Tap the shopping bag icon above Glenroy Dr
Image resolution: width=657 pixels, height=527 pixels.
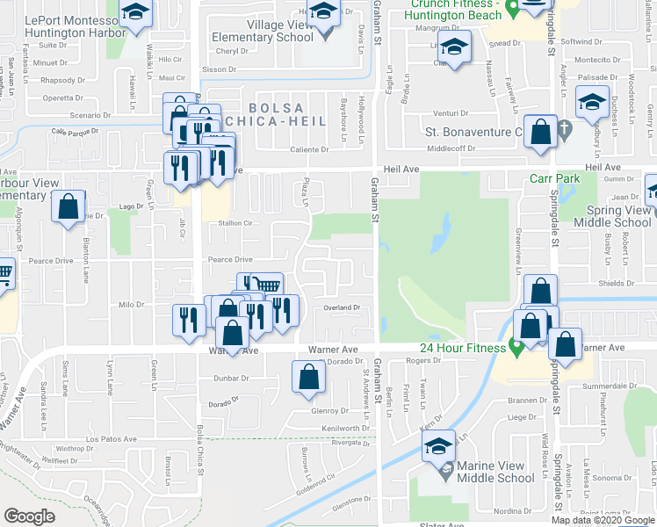[308, 377]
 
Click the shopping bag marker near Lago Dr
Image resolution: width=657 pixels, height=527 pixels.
[68, 209]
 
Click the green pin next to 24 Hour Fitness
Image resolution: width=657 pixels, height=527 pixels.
[517, 348]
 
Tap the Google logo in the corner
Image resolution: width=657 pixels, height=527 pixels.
[29, 516]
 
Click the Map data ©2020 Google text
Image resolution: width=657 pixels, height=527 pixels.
[603, 520]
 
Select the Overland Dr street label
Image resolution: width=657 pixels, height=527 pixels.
[343, 307]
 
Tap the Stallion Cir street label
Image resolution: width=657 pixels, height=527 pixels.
[236, 224]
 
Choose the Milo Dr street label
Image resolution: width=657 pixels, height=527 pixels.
[131, 305]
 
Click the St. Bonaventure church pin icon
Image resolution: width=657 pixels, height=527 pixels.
[566, 133]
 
